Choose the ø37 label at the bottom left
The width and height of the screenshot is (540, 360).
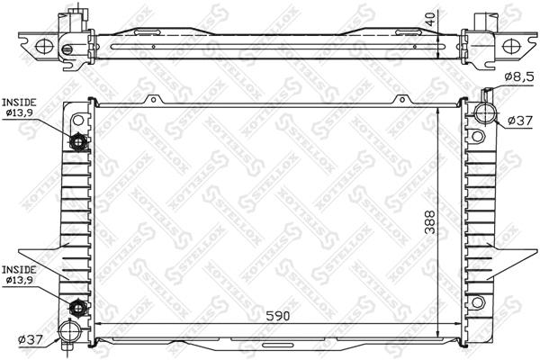click(30, 339)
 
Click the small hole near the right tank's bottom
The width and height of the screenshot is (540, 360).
click(479, 301)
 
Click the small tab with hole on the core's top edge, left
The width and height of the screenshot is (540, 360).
click(158, 101)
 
